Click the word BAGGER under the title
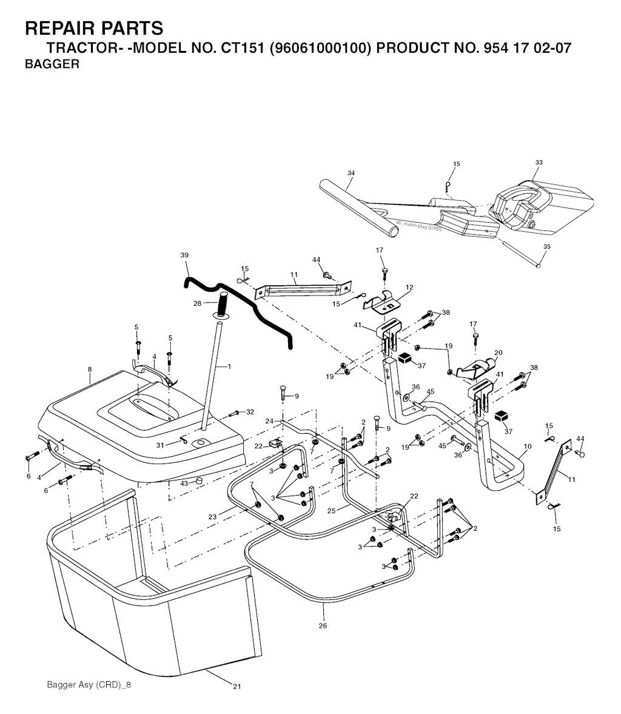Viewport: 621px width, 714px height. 52,64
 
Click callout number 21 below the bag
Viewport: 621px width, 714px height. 237,686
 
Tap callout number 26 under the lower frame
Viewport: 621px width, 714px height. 322,625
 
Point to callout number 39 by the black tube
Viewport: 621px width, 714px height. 184,255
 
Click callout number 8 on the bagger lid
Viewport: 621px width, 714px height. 90,369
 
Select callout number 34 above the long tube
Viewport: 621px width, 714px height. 351,173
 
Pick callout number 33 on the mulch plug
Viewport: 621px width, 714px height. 539,163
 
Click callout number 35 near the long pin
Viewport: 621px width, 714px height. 546,247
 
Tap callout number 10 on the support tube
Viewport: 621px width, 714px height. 527,446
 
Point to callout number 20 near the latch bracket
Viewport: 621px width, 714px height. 498,352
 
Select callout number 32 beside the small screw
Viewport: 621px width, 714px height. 250,412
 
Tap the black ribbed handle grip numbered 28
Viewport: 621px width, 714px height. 222,303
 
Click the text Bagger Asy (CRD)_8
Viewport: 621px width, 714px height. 89,685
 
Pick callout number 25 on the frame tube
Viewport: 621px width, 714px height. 331,511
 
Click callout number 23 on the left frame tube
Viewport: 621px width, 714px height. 212,517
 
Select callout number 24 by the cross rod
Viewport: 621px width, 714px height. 269,420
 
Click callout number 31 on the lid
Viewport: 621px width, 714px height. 160,445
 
